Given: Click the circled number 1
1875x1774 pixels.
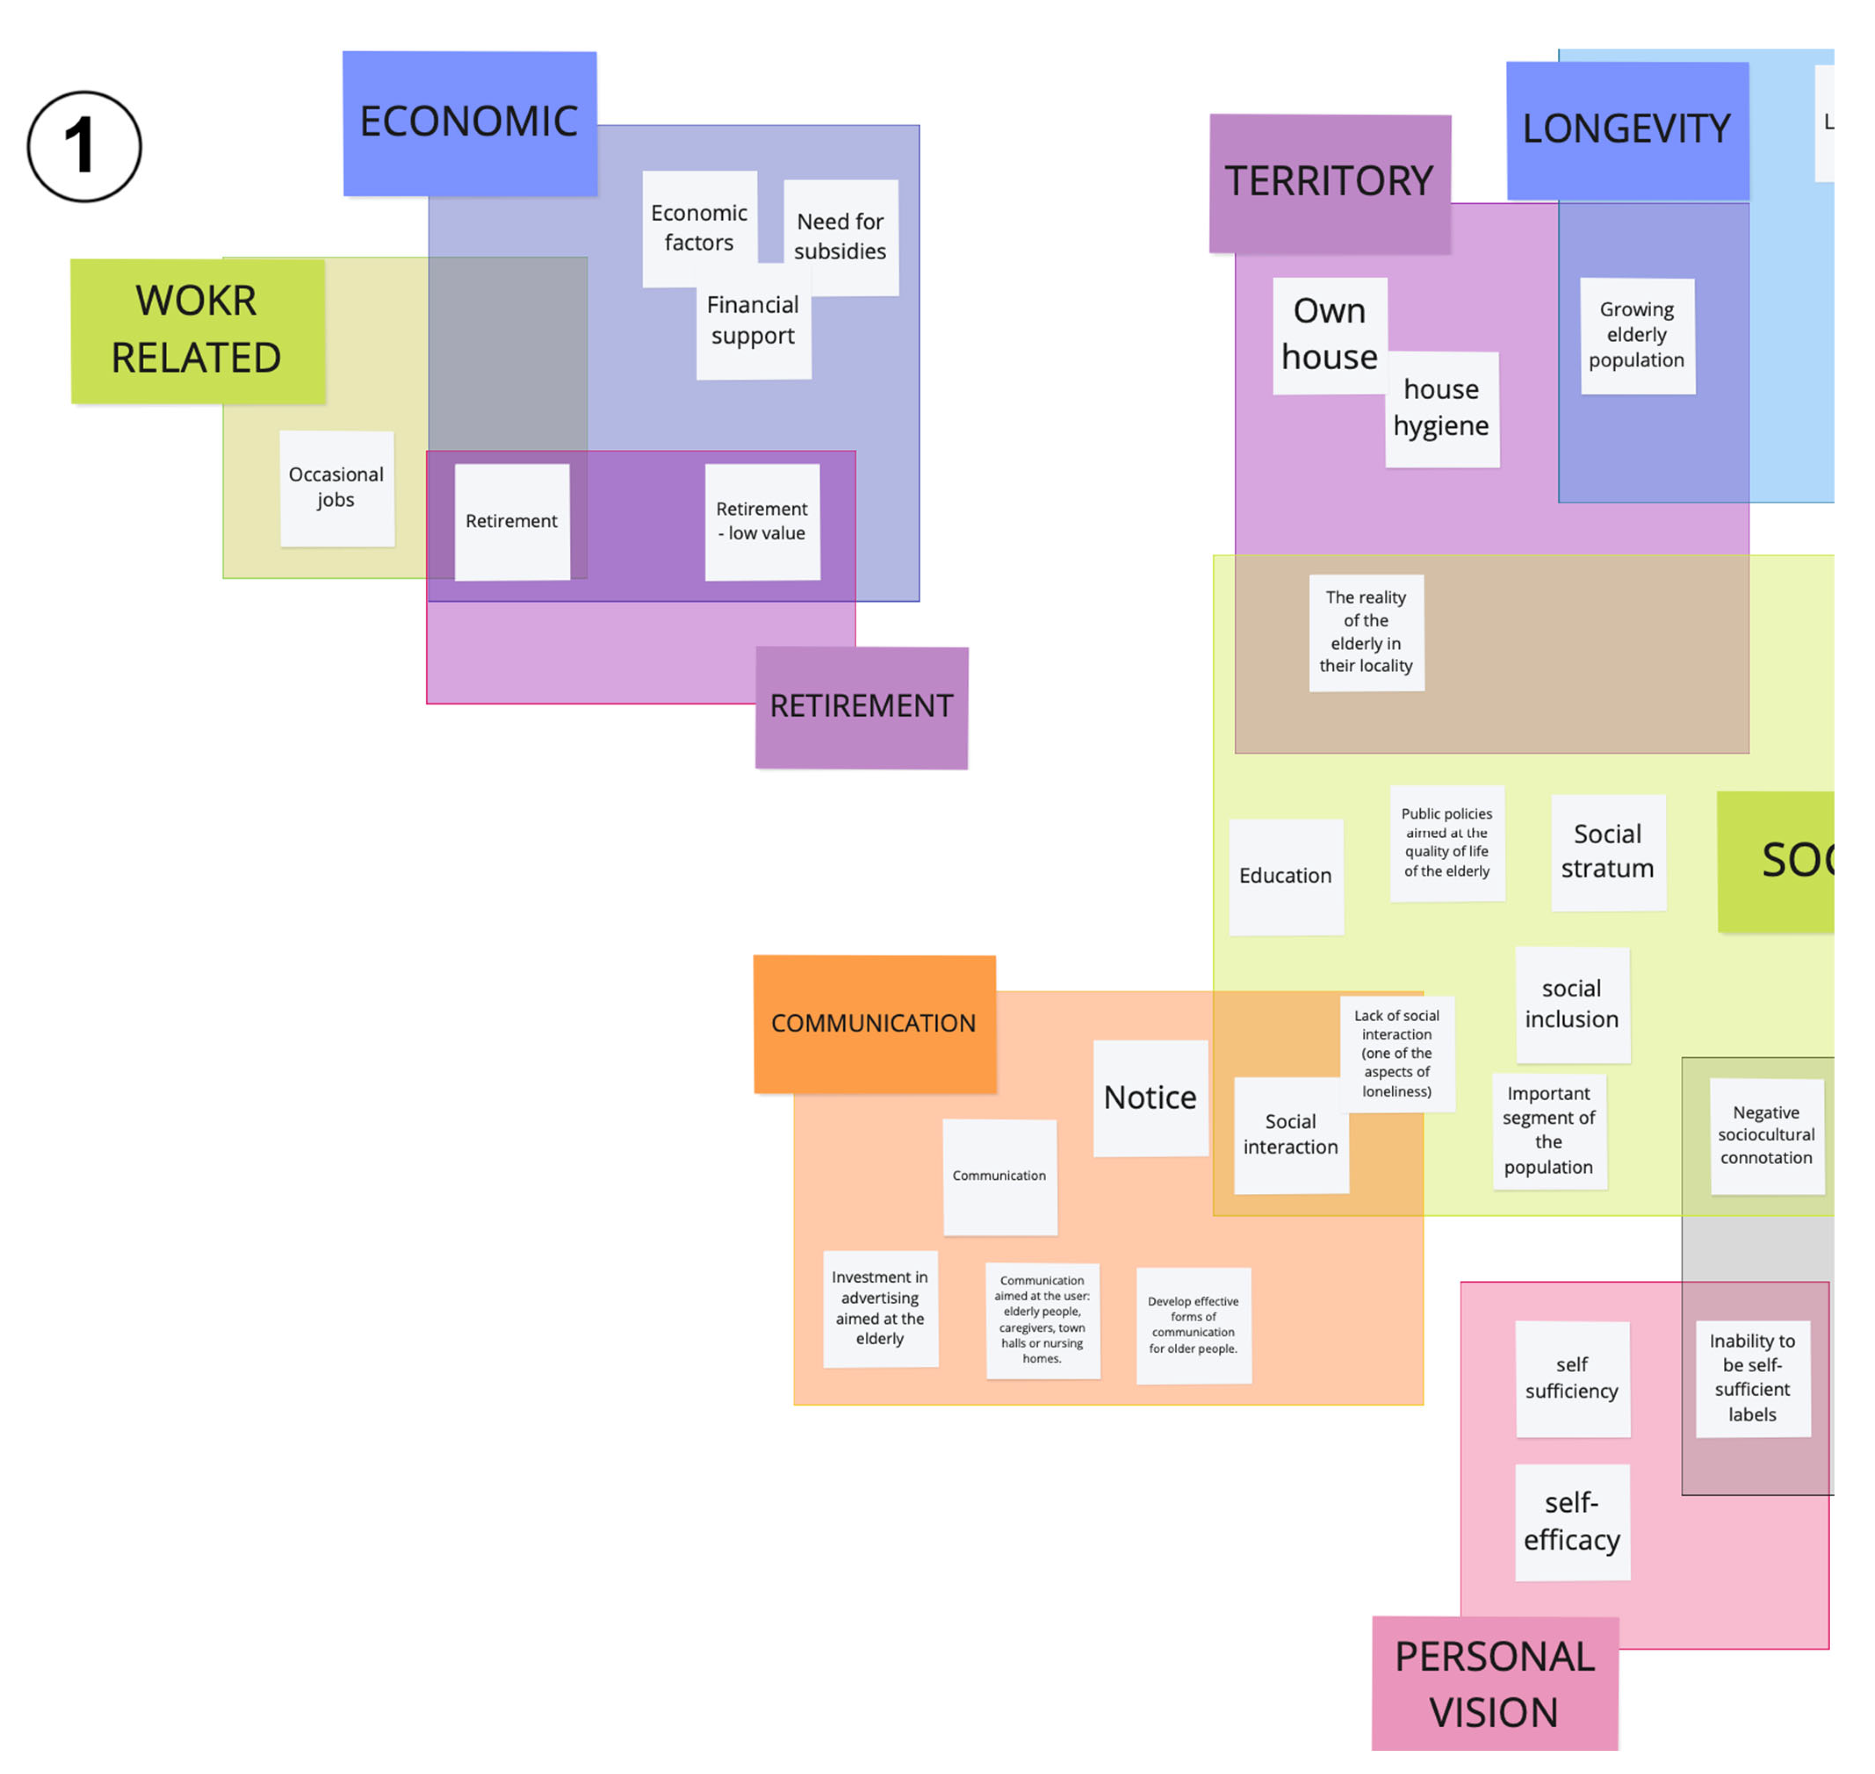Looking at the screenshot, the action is pyautogui.click(x=84, y=147).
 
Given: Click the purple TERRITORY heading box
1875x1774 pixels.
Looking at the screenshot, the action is pyautogui.click(x=1329, y=182).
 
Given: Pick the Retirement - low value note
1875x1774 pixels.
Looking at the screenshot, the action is pyautogui.click(x=762, y=521).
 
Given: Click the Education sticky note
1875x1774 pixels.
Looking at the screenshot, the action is pyautogui.click(x=1286, y=876).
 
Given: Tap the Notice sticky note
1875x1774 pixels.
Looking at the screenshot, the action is pyautogui.click(x=1151, y=1098).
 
